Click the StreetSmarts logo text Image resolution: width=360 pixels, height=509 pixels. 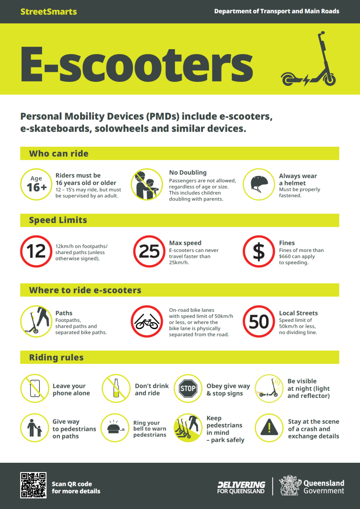click(x=49, y=11)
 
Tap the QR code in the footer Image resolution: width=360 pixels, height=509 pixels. click(x=34, y=485)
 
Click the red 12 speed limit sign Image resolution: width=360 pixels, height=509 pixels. click(x=36, y=251)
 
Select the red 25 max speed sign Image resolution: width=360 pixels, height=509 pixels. click(x=149, y=251)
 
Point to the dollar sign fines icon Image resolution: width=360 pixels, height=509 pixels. click(x=259, y=251)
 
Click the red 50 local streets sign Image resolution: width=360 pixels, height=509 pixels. click(x=259, y=322)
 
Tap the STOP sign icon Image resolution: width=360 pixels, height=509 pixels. click(x=188, y=389)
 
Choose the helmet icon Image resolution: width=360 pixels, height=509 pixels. click(x=259, y=184)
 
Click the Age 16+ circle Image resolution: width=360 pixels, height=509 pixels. click(x=36, y=184)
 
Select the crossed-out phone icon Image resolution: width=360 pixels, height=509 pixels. click(x=35, y=389)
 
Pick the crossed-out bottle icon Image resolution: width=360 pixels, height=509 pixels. click(x=116, y=389)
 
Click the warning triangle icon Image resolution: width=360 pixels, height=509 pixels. click(x=269, y=428)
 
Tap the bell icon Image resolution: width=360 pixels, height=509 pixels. click(x=115, y=428)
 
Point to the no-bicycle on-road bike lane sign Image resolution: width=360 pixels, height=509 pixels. click(x=147, y=322)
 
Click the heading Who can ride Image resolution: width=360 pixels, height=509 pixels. click(x=59, y=154)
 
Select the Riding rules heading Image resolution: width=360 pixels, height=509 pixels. click(x=56, y=358)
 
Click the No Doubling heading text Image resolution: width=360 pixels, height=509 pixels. click(x=188, y=173)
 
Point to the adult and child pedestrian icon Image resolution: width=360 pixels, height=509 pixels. click(x=34, y=428)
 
